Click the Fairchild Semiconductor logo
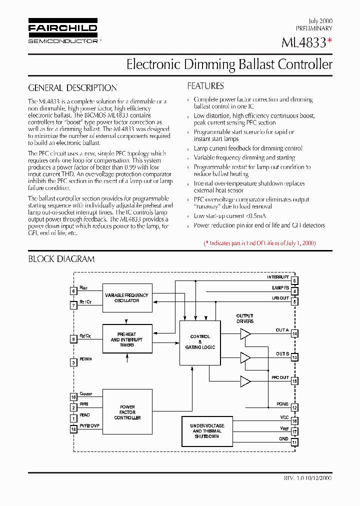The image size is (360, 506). coord(62,32)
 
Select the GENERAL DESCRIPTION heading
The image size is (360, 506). coord(72,88)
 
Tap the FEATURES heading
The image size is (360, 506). coord(205,86)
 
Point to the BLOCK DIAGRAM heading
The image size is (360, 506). coord(61,259)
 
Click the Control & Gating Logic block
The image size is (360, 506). coord(200,342)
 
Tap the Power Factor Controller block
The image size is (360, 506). coord(127,412)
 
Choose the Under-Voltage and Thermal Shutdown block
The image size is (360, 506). coord(207,431)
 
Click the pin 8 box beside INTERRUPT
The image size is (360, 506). coord(295,281)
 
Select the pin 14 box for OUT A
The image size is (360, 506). coord(295,333)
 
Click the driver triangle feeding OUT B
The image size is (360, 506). coord(245,357)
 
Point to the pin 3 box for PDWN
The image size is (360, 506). coord(73,362)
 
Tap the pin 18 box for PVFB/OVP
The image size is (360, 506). coord(73,429)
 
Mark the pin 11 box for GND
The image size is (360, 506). coord(295,442)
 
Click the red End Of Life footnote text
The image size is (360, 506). coord(259,243)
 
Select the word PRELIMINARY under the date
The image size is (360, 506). coord(314,28)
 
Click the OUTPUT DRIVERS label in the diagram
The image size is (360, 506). coord(245,318)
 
